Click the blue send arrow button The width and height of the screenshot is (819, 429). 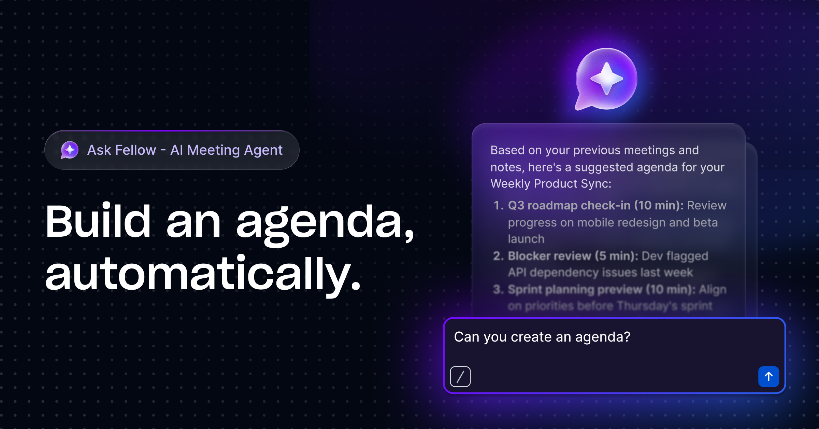(768, 376)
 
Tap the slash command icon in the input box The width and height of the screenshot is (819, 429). (460, 376)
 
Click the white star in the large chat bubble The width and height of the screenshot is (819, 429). (606, 79)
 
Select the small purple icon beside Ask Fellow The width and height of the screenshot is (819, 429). (70, 150)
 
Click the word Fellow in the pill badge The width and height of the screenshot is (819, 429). (135, 150)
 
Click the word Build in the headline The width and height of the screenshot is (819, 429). (98, 221)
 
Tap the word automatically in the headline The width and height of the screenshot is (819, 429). (203, 273)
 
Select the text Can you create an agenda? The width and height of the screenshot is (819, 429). (542, 337)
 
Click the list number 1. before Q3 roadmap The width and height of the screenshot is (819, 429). (498, 205)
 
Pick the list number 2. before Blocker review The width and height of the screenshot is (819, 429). (498, 256)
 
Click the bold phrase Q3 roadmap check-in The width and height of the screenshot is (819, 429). (569, 205)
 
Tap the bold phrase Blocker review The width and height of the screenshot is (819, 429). (549, 256)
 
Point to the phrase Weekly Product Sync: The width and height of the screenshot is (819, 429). (550, 184)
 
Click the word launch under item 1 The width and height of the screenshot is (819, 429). (526, 239)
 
